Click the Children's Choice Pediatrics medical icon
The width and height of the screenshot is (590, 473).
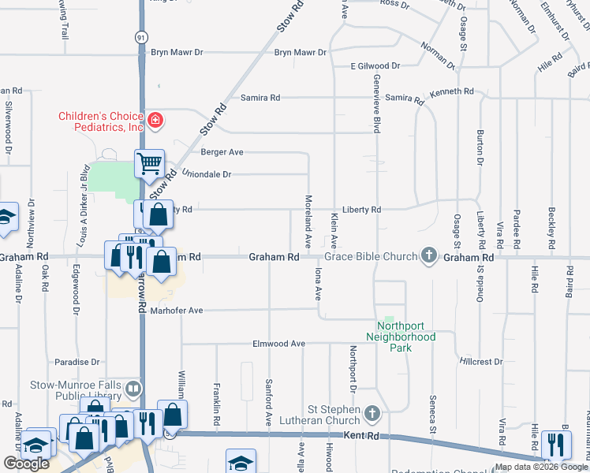pos(156,121)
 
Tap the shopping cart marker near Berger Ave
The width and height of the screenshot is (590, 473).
pos(149,164)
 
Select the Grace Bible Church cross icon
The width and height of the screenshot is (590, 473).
pos(428,255)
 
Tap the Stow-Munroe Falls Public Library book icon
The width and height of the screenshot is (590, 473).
pos(134,387)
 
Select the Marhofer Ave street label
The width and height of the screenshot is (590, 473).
pos(177,311)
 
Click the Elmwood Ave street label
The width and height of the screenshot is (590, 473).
pos(278,344)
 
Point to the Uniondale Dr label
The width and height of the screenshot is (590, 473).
pos(206,173)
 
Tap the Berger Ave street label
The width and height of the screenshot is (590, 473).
pos(222,151)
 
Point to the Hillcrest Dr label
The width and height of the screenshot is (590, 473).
pos(480,362)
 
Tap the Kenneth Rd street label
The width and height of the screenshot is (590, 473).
pos(452,91)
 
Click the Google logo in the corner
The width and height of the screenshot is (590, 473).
pos(26,464)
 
